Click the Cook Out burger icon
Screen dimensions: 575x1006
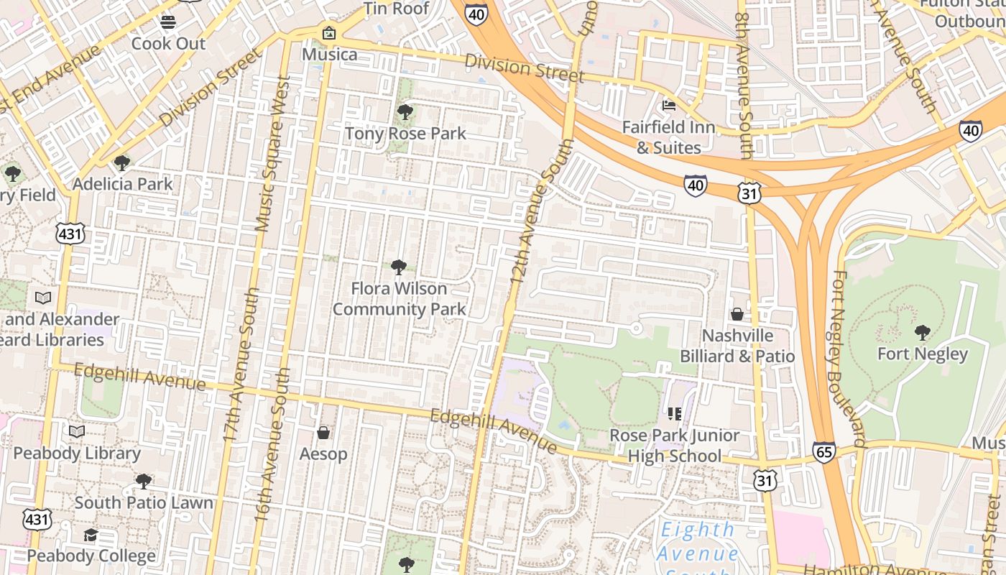pyautogui.click(x=168, y=22)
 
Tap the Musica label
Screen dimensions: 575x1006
pyautogui.click(x=329, y=55)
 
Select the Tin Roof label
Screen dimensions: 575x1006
pyautogui.click(x=396, y=9)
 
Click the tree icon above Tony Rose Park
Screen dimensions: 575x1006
pyautogui.click(x=405, y=112)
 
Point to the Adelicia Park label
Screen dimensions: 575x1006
pyautogui.click(x=123, y=184)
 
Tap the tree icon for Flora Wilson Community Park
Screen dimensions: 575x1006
pyautogui.click(x=398, y=267)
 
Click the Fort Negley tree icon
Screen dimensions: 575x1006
pyautogui.click(x=923, y=332)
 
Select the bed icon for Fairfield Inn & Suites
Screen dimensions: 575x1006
pyautogui.click(x=669, y=106)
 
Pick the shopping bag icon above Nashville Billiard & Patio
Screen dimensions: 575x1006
pyautogui.click(x=737, y=314)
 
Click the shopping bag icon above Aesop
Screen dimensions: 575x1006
pyautogui.click(x=323, y=433)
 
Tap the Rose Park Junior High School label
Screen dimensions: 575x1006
pyautogui.click(x=674, y=446)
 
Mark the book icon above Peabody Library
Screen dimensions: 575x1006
pyautogui.click(x=77, y=432)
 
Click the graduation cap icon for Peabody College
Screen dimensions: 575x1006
pyautogui.click(x=91, y=535)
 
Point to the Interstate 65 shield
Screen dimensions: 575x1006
pyautogui.click(x=824, y=451)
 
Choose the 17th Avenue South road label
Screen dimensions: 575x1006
pyautogui.click(x=240, y=365)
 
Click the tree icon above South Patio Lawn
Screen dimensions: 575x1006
pyautogui.click(x=144, y=481)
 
